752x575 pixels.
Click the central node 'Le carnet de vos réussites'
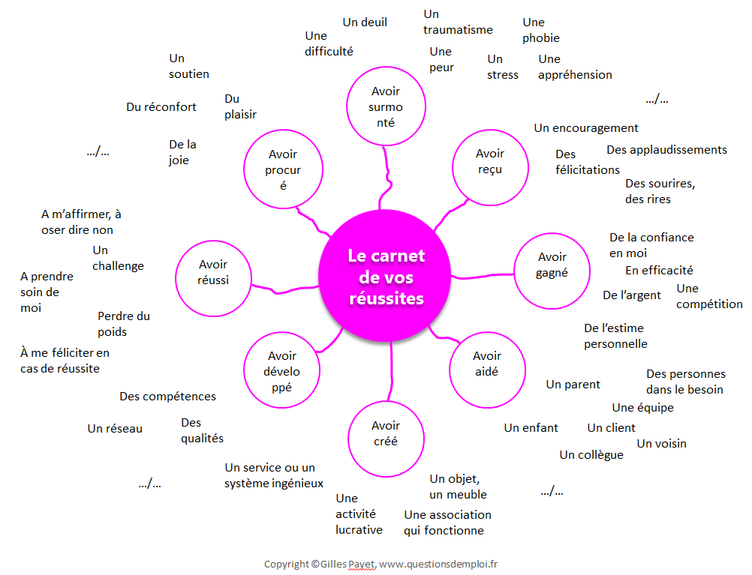(x=385, y=276)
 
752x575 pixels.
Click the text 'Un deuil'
(x=365, y=22)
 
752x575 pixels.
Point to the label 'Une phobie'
(x=541, y=30)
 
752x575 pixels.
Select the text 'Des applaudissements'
(x=666, y=150)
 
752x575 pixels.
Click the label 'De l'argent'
(x=632, y=295)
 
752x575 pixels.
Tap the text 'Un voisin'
(x=661, y=444)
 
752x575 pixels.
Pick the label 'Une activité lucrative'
(x=359, y=514)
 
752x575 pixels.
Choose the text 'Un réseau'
(x=115, y=428)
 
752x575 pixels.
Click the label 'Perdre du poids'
(x=124, y=324)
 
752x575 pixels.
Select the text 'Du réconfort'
(x=161, y=107)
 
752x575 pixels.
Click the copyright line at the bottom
(x=381, y=565)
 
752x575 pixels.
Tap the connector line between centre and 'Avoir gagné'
(x=482, y=276)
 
